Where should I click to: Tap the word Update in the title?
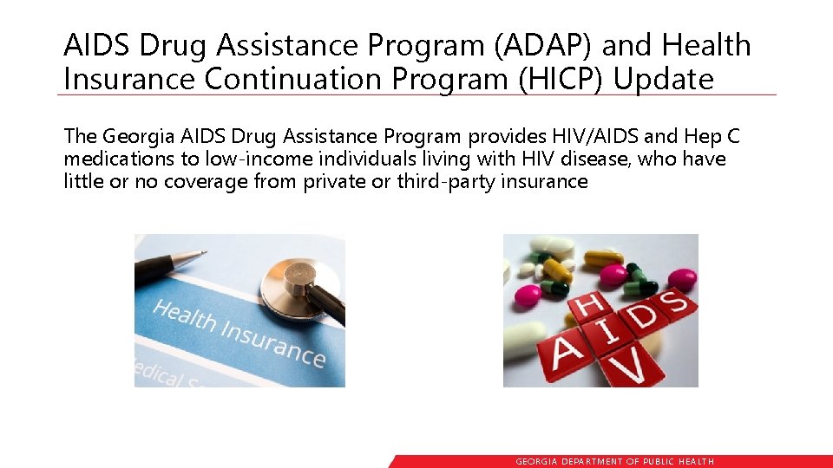pyautogui.click(x=663, y=78)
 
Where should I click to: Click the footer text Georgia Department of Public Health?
pyautogui.click(x=615, y=462)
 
